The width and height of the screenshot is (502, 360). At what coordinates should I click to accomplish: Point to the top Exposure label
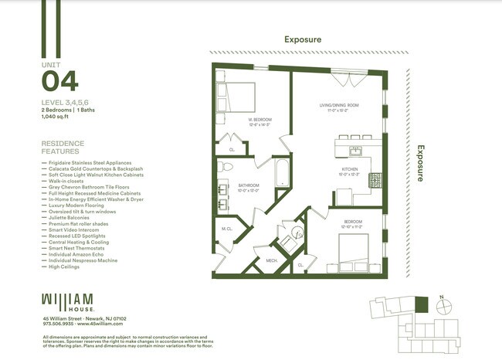(302, 39)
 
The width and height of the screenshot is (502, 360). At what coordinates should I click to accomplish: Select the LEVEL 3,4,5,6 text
(66, 103)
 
